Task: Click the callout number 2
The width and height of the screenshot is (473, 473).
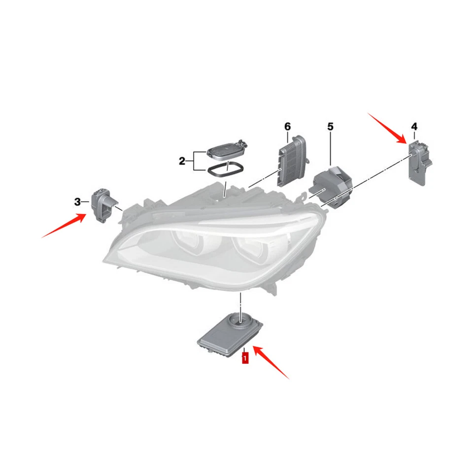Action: click(x=182, y=161)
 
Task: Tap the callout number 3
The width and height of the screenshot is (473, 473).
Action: click(x=78, y=202)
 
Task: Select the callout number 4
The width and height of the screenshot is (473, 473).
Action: click(x=414, y=126)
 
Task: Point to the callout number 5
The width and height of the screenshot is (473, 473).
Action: click(x=330, y=127)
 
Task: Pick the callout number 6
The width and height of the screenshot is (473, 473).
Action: click(x=288, y=127)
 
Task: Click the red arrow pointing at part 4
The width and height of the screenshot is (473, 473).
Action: click(x=387, y=127)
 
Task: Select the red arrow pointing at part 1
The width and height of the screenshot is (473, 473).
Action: click(x=272, y=362)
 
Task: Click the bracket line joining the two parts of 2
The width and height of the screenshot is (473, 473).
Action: click(x=194, y=161)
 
